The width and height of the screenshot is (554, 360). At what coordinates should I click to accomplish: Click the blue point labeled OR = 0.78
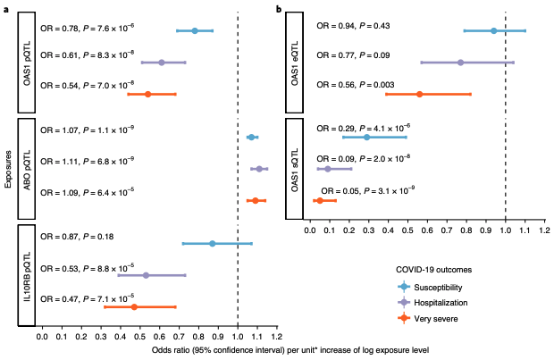[x=194, y=30]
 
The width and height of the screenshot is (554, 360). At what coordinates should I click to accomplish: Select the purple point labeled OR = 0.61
[x=161, y=63]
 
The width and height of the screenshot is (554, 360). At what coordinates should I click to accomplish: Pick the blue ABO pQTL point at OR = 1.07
[x=251, y=137]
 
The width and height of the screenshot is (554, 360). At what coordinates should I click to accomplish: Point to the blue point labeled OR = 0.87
[x=212, y=243]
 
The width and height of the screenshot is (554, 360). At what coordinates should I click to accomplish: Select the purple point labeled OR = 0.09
[x=327, y=169]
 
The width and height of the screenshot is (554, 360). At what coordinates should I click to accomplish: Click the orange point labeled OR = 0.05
[x=319, y=200]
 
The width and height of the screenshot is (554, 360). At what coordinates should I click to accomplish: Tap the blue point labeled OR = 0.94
[x=493, y=30]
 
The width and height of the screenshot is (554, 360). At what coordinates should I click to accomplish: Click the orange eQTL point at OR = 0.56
[x=419, y=94]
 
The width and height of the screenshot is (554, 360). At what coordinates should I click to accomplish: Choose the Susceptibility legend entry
[x=438, y=287]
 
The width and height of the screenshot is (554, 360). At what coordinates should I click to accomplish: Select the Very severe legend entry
[x=433, y=317]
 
